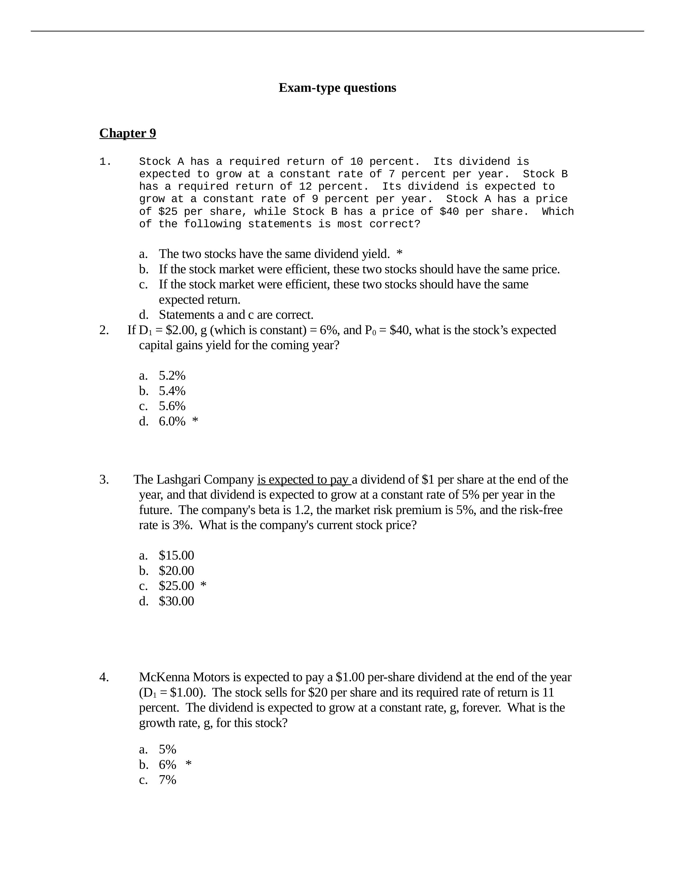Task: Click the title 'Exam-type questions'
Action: pos(337,88)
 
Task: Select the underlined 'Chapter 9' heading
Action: pos(128,133)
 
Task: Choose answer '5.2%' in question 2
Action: pos(172,376)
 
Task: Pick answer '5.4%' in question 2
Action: pos(172,391)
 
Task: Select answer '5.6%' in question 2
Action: pos(172,406)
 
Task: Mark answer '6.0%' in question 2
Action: pos(172,421)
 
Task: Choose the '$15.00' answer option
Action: pos(176,556)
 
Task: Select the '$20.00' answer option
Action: pos(176,571)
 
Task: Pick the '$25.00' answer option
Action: pos(176,586)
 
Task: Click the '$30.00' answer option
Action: pos(176,601)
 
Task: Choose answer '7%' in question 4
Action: pos(168,780)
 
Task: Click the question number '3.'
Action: pos(104,480)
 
